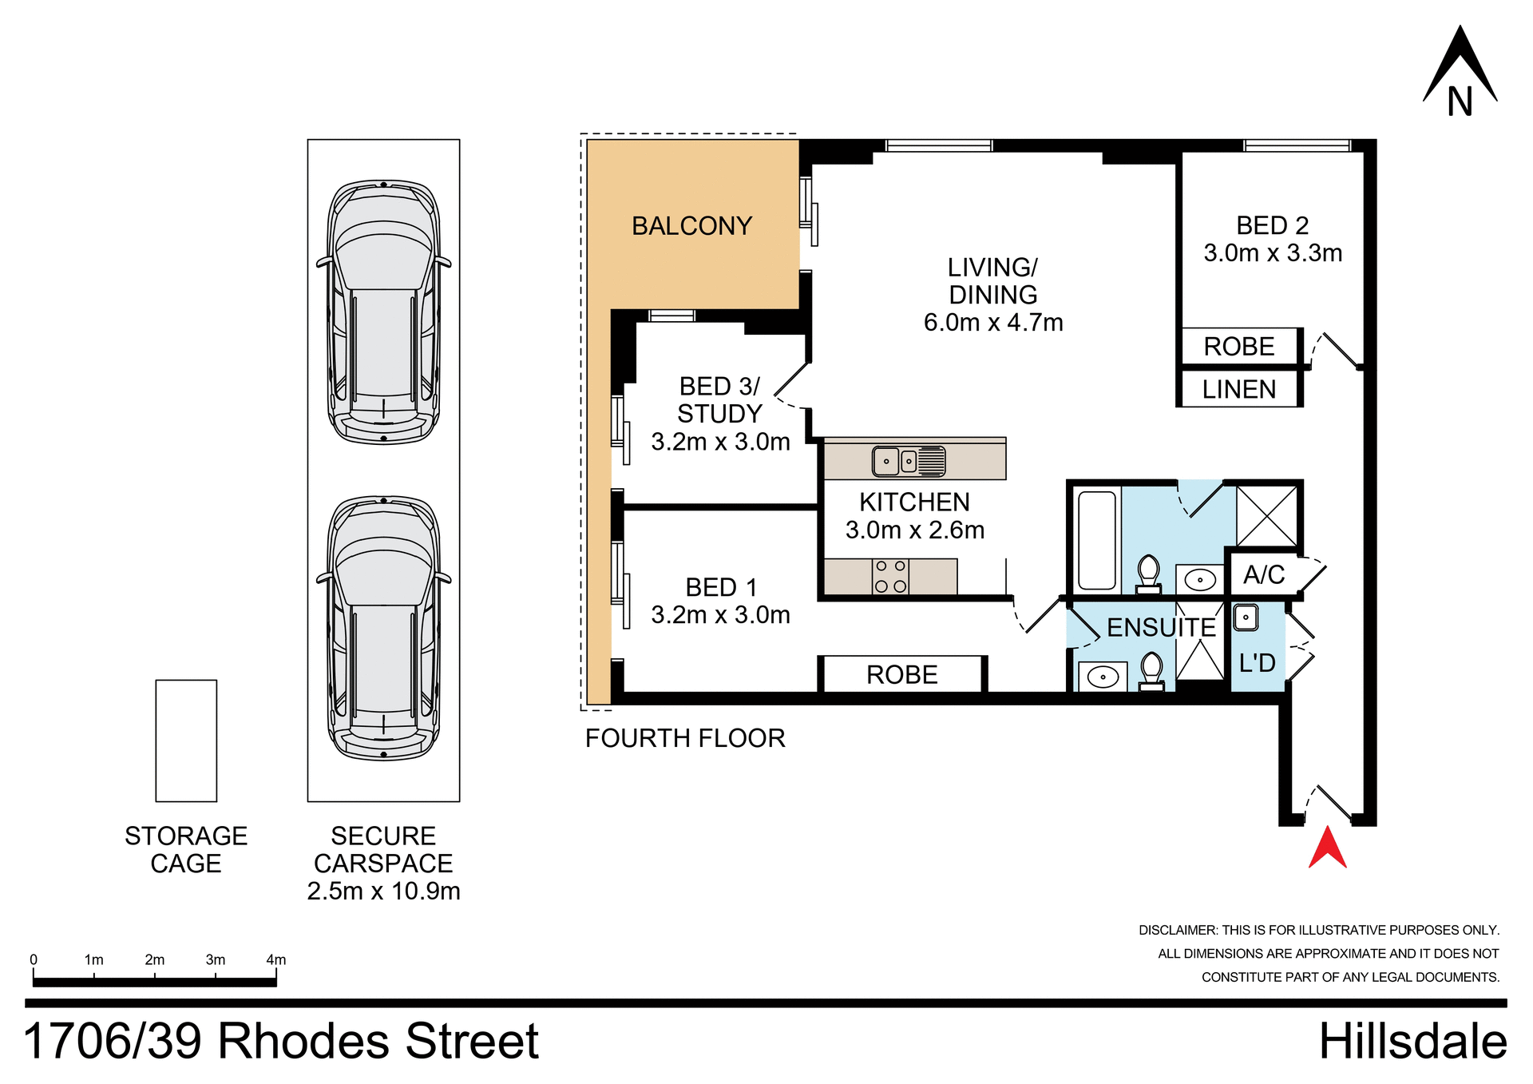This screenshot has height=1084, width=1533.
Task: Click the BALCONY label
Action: [x=691, y=226]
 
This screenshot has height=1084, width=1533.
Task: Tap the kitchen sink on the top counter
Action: [x=908, y=461]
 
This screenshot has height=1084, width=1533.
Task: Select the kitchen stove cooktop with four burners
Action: [x=890, y=576]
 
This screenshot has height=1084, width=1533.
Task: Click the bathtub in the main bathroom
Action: [x=1096, y=540]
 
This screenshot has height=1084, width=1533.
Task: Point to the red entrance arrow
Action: [x=1327, y=848]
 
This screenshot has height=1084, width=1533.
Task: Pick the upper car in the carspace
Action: [x=383, y=312]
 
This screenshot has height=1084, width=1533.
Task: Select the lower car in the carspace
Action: [x=383, y=627]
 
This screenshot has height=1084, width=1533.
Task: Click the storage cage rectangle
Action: [x=186, y=741]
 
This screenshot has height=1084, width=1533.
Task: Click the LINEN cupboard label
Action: [x=1238, y=390]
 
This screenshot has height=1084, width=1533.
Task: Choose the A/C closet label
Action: [x=1264, y=575]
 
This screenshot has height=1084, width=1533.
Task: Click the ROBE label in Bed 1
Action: [x=901, y=675]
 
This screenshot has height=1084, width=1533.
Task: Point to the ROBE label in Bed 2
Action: [x=1238, y=347]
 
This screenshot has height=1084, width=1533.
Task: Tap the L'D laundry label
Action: [x=1257, y=663]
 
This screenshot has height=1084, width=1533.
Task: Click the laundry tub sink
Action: [x=1246, y=617]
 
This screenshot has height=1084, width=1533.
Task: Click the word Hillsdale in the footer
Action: [x=1412, y=1042]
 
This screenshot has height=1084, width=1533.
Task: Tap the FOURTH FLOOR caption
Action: [x=684, y=738]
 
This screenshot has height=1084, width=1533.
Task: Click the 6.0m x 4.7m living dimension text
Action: [x=992, y=323]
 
